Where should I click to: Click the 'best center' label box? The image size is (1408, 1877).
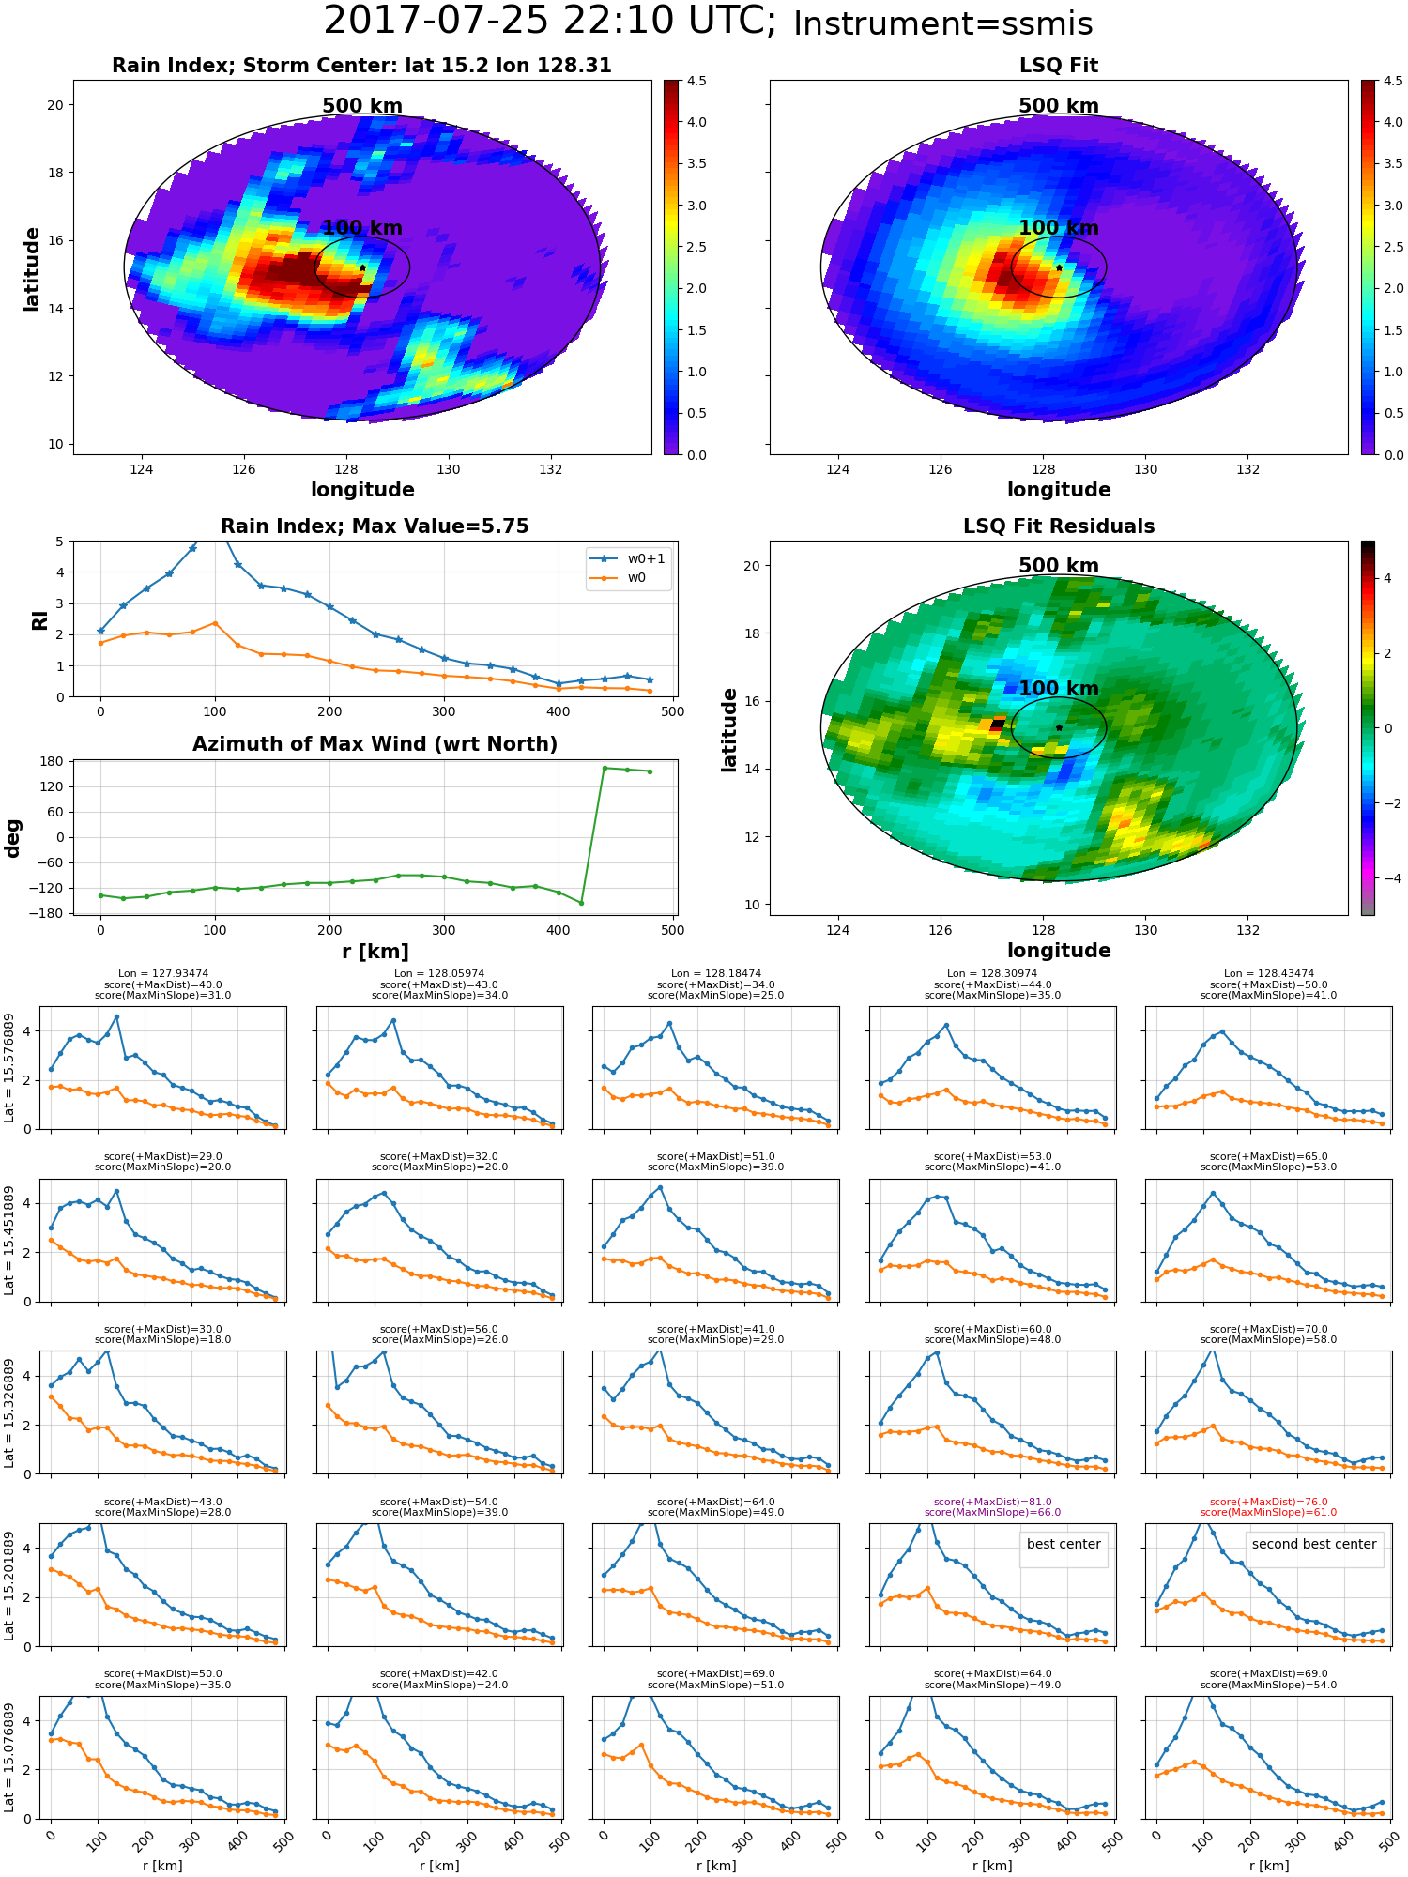pos(1064,1544)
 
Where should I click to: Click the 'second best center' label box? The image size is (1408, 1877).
pos(1313,1544)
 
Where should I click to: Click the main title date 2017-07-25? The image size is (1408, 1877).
pos(446,21)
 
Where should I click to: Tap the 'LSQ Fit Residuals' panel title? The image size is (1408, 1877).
pos(1059,526)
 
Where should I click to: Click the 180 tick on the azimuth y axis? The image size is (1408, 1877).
pos(52,762)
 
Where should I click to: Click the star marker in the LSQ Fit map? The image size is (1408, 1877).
pos(1059,267)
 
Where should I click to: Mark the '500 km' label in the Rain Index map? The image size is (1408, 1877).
pos(362,106)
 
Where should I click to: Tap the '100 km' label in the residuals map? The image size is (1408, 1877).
pos(1059,689)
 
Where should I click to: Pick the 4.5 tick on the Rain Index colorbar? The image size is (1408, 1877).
pos(696,81)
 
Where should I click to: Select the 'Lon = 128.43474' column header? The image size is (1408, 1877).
pos(1268,973)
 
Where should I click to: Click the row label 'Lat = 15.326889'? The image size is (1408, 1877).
pos(9,1412)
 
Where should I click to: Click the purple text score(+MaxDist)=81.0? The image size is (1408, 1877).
pos(992,1502)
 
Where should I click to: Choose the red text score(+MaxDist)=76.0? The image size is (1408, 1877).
pos(1268,1502)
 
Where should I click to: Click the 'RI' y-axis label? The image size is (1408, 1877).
pos(39,619)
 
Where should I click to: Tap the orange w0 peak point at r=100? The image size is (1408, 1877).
pos(215,622)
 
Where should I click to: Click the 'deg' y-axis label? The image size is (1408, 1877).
pos(13,838)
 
